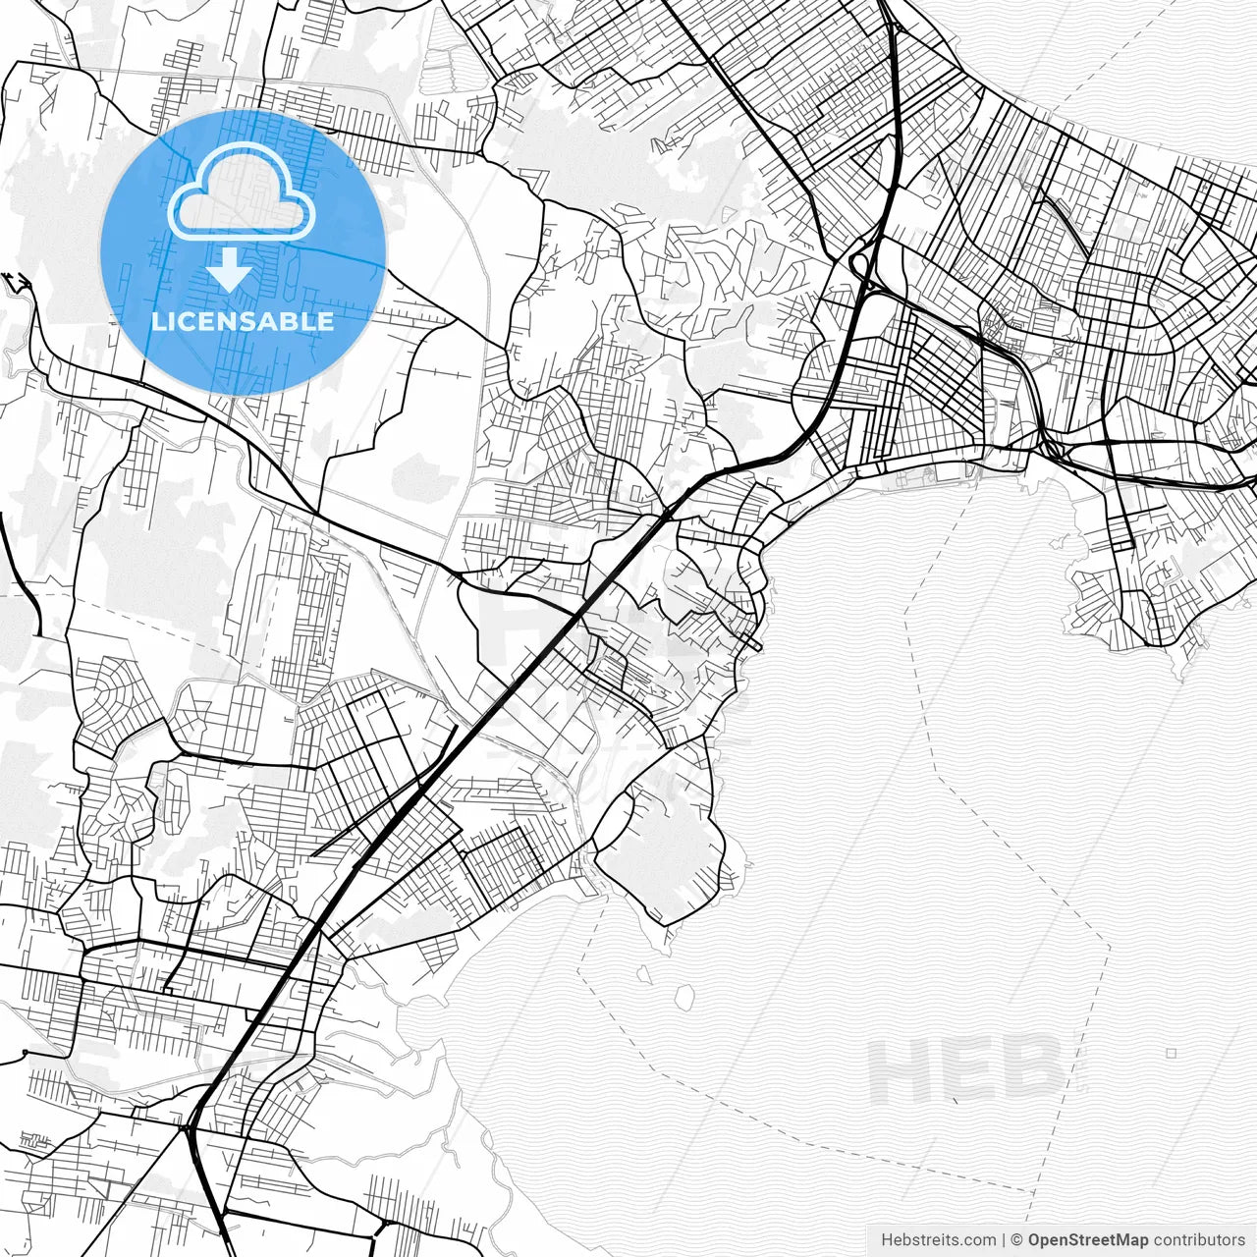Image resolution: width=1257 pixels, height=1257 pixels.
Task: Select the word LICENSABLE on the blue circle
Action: (243, 321)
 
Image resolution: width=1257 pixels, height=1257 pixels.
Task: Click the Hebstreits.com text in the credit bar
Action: (924, 1240)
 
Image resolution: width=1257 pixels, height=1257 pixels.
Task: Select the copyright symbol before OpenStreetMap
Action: (1017, 1240)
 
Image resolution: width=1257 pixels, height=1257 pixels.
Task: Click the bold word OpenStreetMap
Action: (1088, 1240)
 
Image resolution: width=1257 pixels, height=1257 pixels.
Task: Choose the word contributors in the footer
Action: (1199, 1240)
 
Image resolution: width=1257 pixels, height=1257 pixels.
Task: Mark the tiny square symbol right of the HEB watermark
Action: (1172, 1053)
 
